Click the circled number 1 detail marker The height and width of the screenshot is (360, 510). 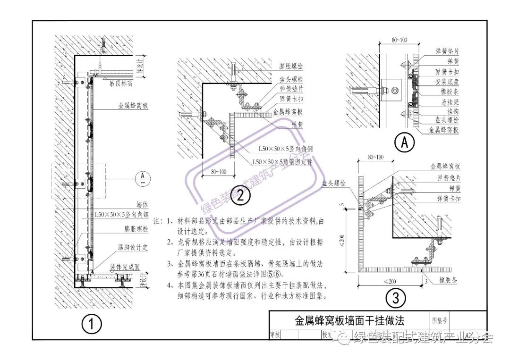92,324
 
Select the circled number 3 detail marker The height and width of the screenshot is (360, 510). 396,298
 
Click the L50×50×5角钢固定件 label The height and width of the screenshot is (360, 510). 282,161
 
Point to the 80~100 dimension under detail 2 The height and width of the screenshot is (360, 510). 216,171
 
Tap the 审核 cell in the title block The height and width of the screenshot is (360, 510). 275,335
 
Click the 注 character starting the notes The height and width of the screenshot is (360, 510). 158,221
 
